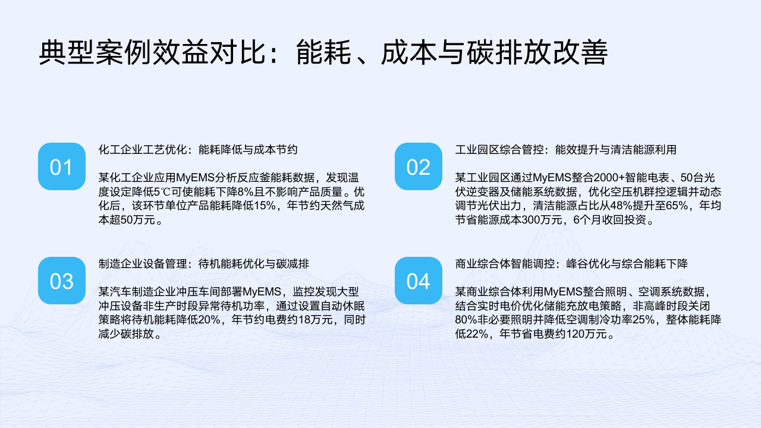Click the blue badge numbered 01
[x=61, y=166]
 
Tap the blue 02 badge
[x=418, y=166]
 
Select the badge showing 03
[x=61, y=281]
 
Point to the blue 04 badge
[x=418, y=281]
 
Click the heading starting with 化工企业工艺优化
[x=198, y=150]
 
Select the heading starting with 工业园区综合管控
[x=565, y=150]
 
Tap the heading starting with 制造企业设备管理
[x=204, y=264]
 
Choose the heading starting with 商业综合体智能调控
[x=571, y=264]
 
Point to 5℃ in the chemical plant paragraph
[x=162, y=192]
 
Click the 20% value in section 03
[x=209, y=320]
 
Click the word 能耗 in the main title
[x=323, y=52]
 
